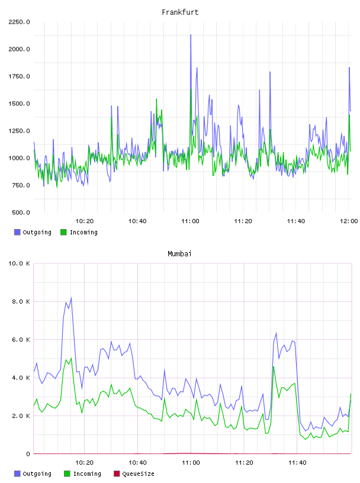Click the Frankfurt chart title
[x=180, y=12]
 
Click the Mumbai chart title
[x=179, y=254]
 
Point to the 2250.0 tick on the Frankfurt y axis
[x=19, y=22]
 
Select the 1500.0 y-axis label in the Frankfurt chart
[x=19, y=104]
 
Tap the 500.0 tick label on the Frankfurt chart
[x=21, y=212]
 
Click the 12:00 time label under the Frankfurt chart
[x=349, y=221]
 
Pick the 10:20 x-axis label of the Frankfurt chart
[x=85, y=221]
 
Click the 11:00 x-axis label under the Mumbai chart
[x=191, y=463]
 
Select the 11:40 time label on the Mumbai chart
[x=297, y=463]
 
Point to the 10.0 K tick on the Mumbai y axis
[x=19, y=263]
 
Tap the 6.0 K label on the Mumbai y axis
[x=21, y=340]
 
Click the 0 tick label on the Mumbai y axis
[x=28, y=454]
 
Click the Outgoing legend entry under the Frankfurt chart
[x=33, y=232]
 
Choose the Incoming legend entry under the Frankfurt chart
[x=79, y=232]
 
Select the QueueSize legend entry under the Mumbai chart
[x=134, y=474]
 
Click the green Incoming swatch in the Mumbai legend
[x=67, y=474]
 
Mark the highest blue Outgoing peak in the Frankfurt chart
[x=191, y=35]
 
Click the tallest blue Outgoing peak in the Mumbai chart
[x=71, y=298]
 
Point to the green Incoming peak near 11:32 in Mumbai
[x=274, y=366]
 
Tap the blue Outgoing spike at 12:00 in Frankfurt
[x=349, y=67]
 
